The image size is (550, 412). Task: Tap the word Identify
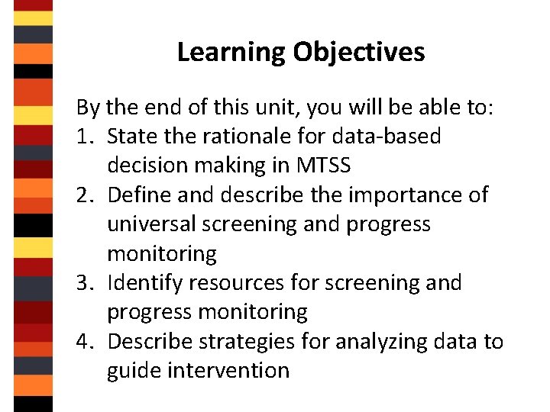point(145,284)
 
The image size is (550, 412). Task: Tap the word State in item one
point(129,137)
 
